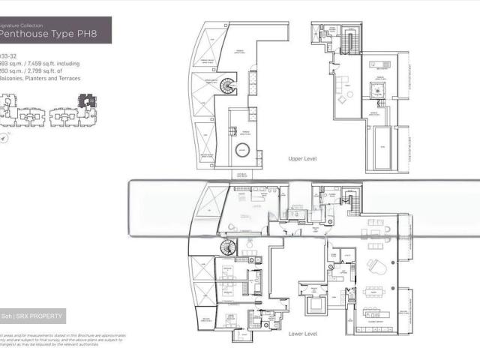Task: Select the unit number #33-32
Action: [x=10, y=55]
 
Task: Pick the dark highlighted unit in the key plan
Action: [x=89, y=98]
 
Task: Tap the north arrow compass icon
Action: [x=4, y=139]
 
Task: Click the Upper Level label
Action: [x=304, y=160]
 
